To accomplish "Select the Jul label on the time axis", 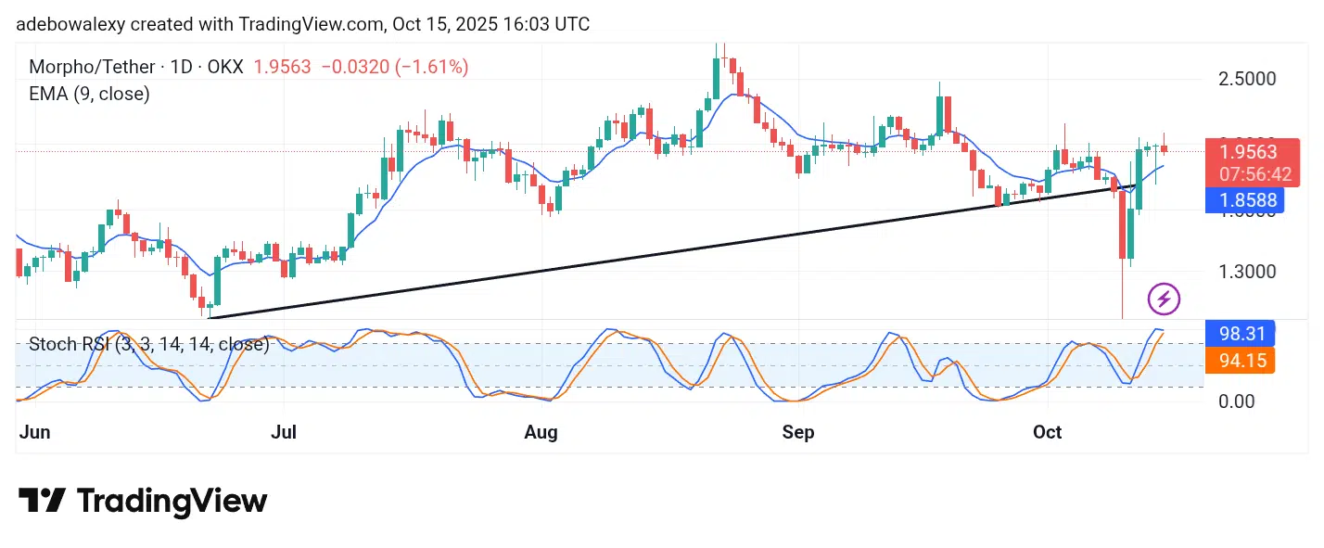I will click(285, 432).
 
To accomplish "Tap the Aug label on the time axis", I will click(541, 432).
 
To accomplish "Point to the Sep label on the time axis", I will click(798, 432).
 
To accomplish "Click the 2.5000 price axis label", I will click(1247, 79).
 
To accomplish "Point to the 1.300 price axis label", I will click(1247, 273).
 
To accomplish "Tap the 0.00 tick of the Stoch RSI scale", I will click(1237, 401).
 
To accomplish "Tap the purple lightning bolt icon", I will click(1164, 299).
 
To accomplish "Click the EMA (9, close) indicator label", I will click(89, 94).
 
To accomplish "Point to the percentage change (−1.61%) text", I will click(432, 67).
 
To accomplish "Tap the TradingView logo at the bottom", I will click(143, 502).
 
